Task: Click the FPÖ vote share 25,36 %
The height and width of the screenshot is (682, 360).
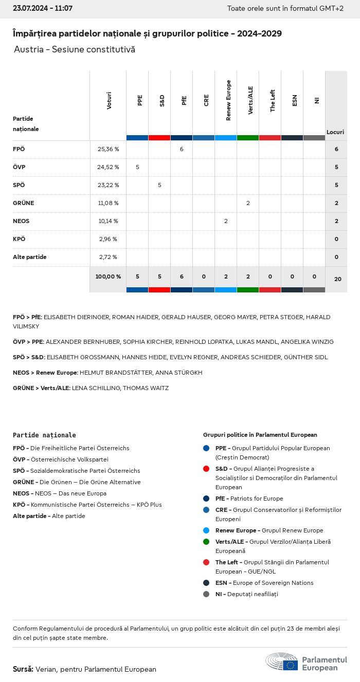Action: (108, 149)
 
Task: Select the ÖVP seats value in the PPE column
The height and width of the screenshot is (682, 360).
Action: (137, 167)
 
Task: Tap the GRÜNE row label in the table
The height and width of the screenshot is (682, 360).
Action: (23, 203)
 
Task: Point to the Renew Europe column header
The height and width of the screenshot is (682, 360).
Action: (228, 101)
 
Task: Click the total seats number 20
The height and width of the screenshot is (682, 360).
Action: (337, 279)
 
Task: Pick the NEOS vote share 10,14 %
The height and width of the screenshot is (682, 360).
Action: (108, 221)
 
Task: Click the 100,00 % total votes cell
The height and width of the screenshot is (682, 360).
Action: (108, 277)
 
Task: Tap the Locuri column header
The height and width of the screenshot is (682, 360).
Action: (335, 132)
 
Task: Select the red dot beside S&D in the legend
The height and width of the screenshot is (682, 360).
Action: (206, 469)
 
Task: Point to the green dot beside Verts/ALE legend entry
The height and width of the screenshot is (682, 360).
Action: (206, 542)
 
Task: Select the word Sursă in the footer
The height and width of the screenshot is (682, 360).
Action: (23, 669)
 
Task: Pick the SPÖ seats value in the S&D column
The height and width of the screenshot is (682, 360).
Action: (159, 185)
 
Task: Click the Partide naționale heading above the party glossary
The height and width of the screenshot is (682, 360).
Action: (44, 435)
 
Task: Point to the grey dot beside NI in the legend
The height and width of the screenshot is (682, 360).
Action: (206, 594)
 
